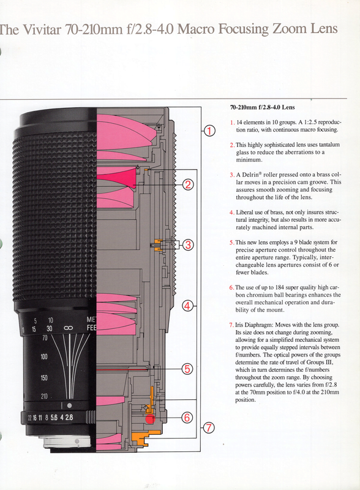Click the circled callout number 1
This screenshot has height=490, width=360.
pyautogui.click(x=209, y=131)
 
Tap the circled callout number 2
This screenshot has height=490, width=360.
pyautogui.click(x=188, y=185)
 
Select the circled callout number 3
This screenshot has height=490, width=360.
pyautogui.click(x=188, y=244)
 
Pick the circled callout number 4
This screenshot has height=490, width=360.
pyautogui.click(x=187, y=306)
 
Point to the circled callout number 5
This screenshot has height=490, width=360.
pyautogui.click(x=187, y=369)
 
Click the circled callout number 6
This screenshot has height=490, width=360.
pyautogui.click(x=187, y=418)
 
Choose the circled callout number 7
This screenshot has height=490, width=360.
pyautogui.click(x=209, y=428)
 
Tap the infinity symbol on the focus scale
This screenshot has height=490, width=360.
pyautogui.click(x=68, y=328)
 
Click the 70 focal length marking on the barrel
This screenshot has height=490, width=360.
pyautogui.click(x=45, y=337)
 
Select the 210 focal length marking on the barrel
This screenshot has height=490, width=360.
pyautogui.click(x=44, y=396)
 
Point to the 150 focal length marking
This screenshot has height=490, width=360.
pyautogui.click(x=44, y=377)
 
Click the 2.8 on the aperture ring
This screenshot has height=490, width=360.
pyautogui.click(x=69, y=417)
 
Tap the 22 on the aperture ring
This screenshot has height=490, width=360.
pyautogui.click(x=29, y=418)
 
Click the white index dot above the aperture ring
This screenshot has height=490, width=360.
pyautogui.click(x=69, y=405)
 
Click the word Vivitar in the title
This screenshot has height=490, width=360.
pyautogui.click(x=43, y=29)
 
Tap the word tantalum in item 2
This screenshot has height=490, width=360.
pyautogui.click(x=329, y=145)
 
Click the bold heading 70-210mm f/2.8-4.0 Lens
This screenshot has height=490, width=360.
pyautogui.click(x=263, y=107)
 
